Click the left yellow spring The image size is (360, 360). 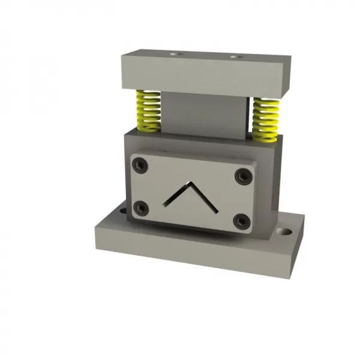[x=146, y=111]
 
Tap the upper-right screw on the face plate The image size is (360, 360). [x=242, y=176]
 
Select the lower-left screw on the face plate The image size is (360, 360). [x=141, y=208]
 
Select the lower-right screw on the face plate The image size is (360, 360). [x=241, y=221]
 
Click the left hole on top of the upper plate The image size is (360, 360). [x=175, y=53]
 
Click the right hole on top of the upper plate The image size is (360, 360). [x=235, y=57]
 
